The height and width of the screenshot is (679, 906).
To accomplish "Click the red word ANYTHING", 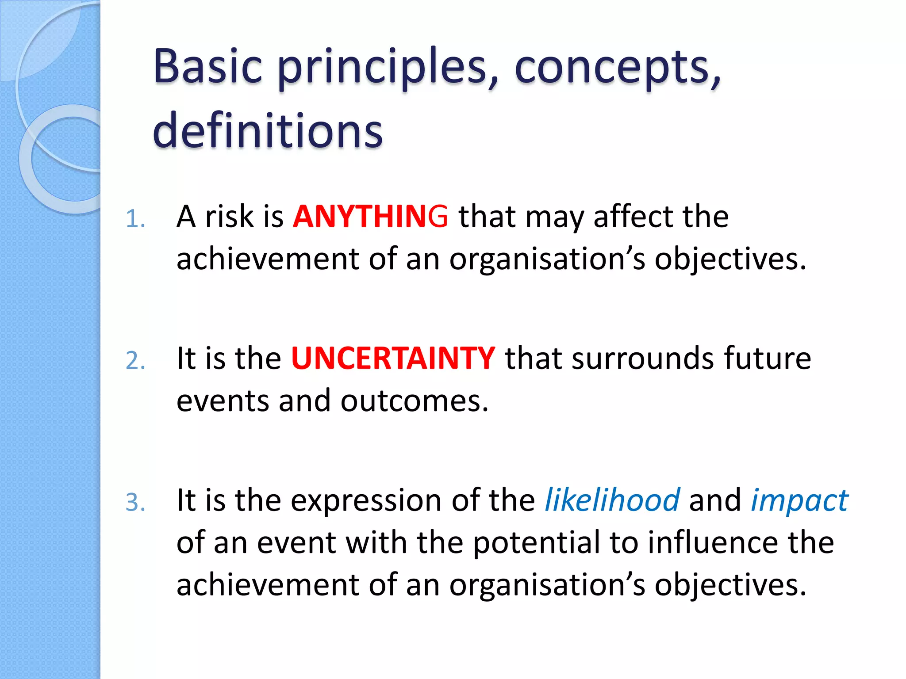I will [x=370, y=217].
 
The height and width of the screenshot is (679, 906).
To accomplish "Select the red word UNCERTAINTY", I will [x=393, y=359].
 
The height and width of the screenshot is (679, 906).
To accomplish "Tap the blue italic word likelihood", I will [x=612, y=500].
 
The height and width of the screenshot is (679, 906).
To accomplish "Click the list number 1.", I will [x=134, y=219].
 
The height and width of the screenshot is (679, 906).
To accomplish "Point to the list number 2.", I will [x=134, y=361].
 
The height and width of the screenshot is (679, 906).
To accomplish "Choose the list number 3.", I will [x=134, y=503].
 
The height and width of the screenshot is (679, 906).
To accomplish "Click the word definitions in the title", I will [x=267, y=131].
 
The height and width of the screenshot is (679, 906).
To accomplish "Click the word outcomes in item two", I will [x=414, y=401].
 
